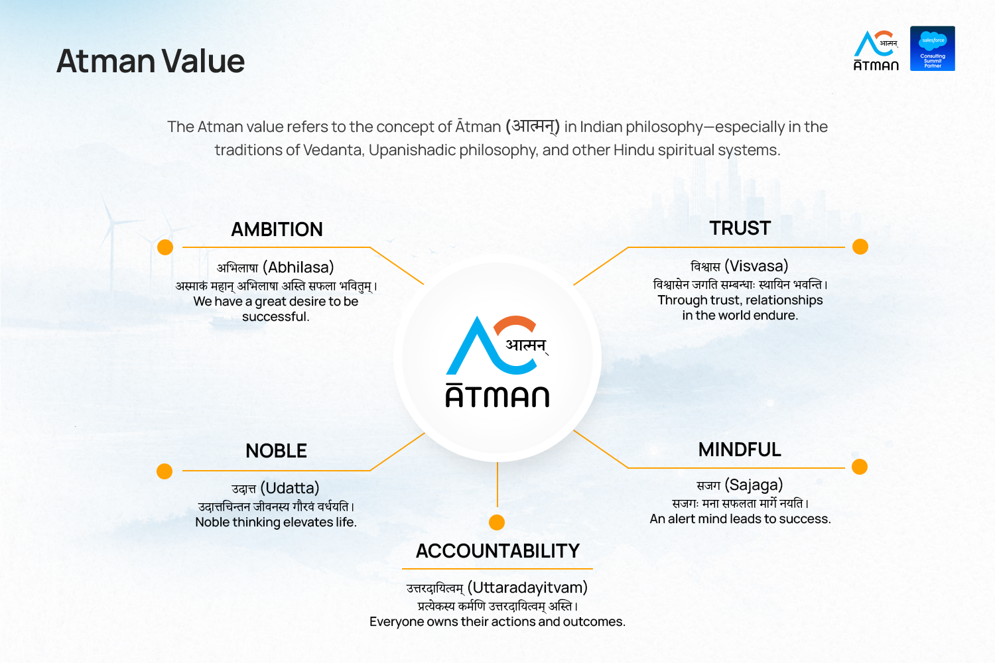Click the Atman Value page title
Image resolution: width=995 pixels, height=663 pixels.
tap(151, 61)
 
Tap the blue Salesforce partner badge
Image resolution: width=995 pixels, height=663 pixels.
tap(933, 48)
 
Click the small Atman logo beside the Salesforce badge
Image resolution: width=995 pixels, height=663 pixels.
tap(876, 50)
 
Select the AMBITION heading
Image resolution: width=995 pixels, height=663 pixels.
tap(277, 229)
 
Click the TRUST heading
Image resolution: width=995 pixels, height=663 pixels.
tap(740, 228)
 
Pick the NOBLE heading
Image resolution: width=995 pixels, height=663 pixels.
tap(277, 451)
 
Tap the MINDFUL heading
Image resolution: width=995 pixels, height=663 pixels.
tap(740, 450)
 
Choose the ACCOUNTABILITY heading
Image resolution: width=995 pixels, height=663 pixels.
tap(497, 551)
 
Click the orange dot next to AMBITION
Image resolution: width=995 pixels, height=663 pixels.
tap(165, 247)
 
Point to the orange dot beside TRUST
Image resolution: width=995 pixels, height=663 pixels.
tap(860, 247)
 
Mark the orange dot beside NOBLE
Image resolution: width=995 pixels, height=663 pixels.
tap(165, 471)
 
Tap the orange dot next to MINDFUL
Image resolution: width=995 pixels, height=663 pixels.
tap(860, 467)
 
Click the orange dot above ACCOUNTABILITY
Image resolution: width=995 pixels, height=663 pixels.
tap(497, 522)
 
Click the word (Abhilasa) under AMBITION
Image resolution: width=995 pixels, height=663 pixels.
tap(298, 267)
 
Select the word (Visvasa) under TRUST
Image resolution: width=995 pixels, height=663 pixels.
tap(756, 266)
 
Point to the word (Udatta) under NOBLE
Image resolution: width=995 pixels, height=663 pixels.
tap(290, 488)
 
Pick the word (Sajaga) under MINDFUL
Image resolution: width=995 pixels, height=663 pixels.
tap(754, 485)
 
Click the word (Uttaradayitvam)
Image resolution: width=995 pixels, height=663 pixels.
tap(527, 587)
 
